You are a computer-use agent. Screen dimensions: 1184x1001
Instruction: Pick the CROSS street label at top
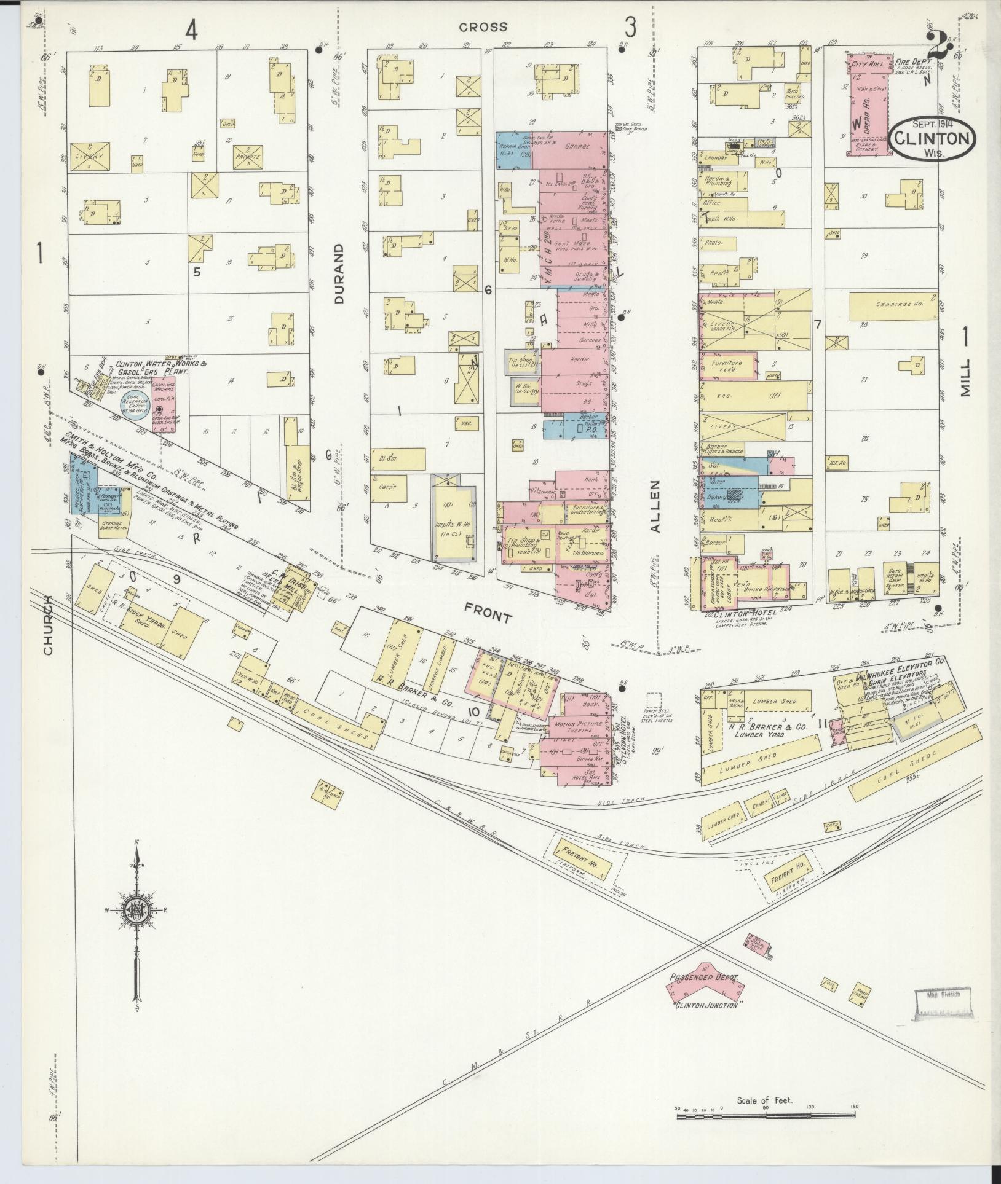click(483, 26)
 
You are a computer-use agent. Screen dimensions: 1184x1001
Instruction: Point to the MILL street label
click(965, 377)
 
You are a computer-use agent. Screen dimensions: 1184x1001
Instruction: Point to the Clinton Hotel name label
click(745, 614)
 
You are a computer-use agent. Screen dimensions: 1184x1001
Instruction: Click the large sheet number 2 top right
click(939, 48)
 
